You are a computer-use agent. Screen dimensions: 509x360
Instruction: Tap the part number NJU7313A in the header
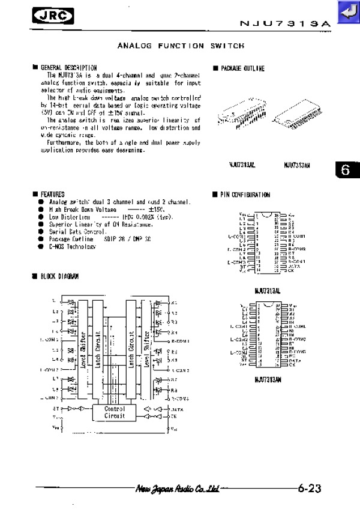tap(285, 23)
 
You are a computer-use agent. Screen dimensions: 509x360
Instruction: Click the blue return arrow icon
tap(347, 13)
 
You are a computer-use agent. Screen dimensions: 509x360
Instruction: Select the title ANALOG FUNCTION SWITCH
tap(181, 46)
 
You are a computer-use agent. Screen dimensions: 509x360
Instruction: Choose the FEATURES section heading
tap(52, 194)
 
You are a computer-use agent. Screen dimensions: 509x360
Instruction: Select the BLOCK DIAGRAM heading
tap(59, 276)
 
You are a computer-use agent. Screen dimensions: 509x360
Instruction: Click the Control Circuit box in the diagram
tap(115, 412)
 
